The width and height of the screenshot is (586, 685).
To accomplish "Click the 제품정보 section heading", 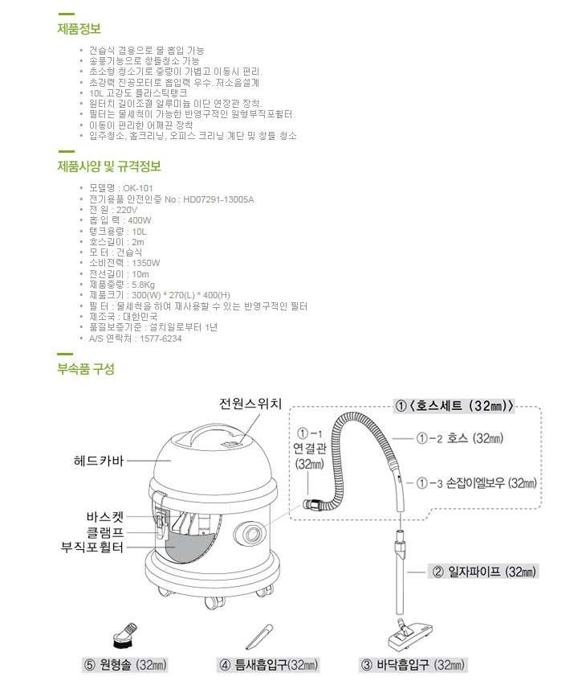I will coord(79,29).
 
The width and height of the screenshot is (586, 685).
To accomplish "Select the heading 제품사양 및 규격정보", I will coord(109,166).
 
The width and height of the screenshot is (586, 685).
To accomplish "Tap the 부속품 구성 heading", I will coord(86,369).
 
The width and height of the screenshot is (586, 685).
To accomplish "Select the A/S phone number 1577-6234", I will coord(161,338).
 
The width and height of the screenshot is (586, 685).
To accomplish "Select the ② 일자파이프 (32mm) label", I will coord(484,572).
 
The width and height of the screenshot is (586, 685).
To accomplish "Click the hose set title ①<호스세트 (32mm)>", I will coord(454,405).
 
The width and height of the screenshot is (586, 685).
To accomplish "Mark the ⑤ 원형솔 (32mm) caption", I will coord(129,665).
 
